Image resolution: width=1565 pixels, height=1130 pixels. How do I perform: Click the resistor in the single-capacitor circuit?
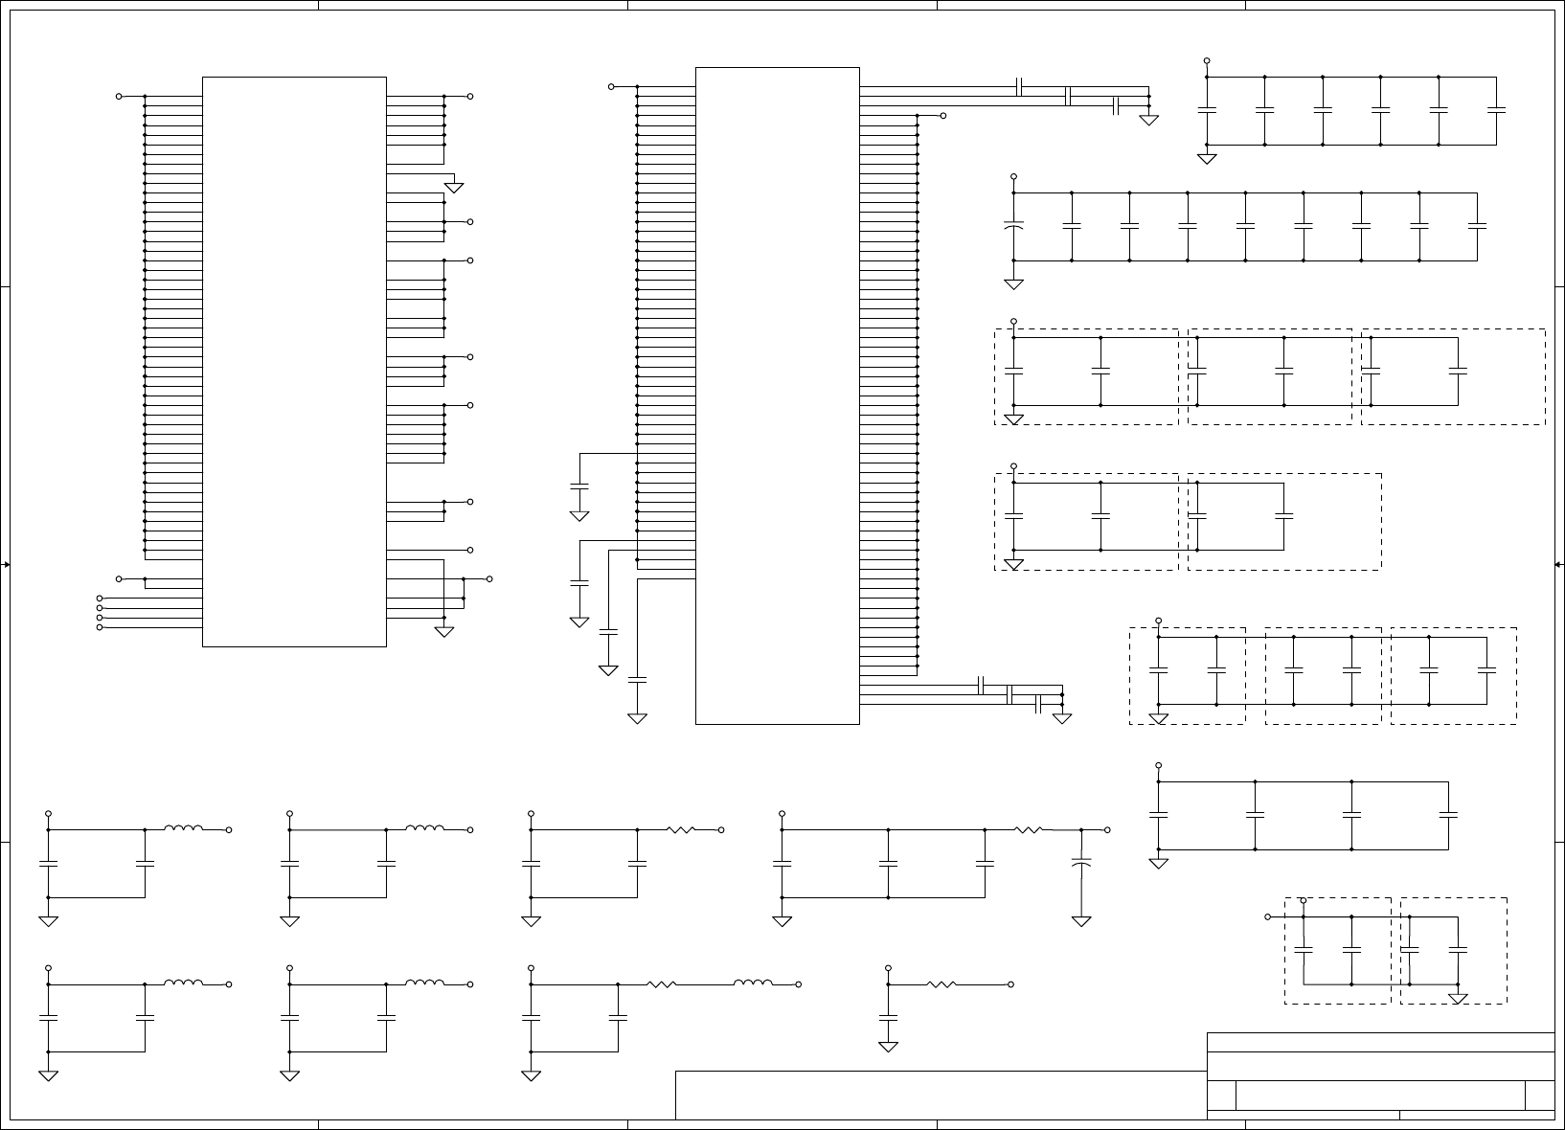click(x=941, y=984)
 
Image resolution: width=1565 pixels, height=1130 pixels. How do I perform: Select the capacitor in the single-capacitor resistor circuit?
click(x=889, y=1017)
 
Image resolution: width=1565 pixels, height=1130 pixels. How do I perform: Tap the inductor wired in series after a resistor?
click(x=753, y=983)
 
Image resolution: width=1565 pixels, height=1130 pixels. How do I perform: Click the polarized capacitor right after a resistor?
click(x=1081, y=864)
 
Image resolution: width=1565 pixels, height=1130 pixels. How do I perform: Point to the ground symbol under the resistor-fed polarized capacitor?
click(x=1081, y=921)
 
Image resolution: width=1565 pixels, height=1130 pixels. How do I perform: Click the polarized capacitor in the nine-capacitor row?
click(x=1013, y=227)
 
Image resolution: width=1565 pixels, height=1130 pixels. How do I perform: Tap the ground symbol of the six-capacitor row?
click(x=1207, y=158)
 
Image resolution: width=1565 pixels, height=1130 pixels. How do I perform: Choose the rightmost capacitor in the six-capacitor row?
click(x=1496, y=110)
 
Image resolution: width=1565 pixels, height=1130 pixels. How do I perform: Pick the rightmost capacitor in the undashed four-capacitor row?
click(x=1448, y=815)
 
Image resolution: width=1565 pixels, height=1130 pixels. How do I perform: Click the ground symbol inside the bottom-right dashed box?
click(x=1458, y=1000)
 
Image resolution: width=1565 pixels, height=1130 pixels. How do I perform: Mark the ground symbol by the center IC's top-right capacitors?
click(x=1148, y=121)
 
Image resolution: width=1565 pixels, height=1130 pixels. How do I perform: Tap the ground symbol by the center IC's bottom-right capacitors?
click(x=1062, y=718)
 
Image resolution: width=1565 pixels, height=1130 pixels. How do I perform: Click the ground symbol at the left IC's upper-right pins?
click(x=454, y=188)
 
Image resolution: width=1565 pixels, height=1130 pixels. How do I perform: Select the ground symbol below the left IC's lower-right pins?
click(x=443, y=631)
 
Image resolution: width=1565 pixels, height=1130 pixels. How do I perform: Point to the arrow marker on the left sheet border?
click(x=6, y=565)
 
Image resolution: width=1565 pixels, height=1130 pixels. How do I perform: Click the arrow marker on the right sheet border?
click(x=1558, y=565)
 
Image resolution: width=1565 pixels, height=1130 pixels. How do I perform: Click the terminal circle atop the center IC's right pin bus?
click(x=943, y=116)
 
